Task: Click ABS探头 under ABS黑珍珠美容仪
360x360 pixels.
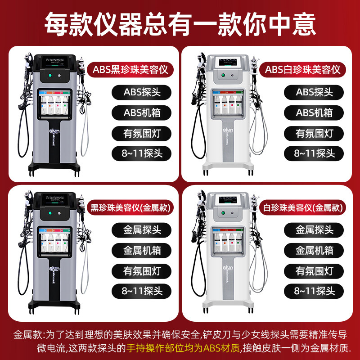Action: [142, 92]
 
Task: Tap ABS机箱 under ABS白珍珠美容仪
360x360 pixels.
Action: [315, 112]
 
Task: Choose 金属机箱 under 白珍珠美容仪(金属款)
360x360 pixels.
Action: [315, 250]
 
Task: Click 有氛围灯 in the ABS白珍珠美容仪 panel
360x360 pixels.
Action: [315, 133]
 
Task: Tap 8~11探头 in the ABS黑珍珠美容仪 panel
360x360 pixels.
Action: [142, 153]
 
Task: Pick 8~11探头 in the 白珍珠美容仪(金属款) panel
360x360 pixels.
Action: [315, 290]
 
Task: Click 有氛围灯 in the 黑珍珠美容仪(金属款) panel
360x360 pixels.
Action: [142, 270]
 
